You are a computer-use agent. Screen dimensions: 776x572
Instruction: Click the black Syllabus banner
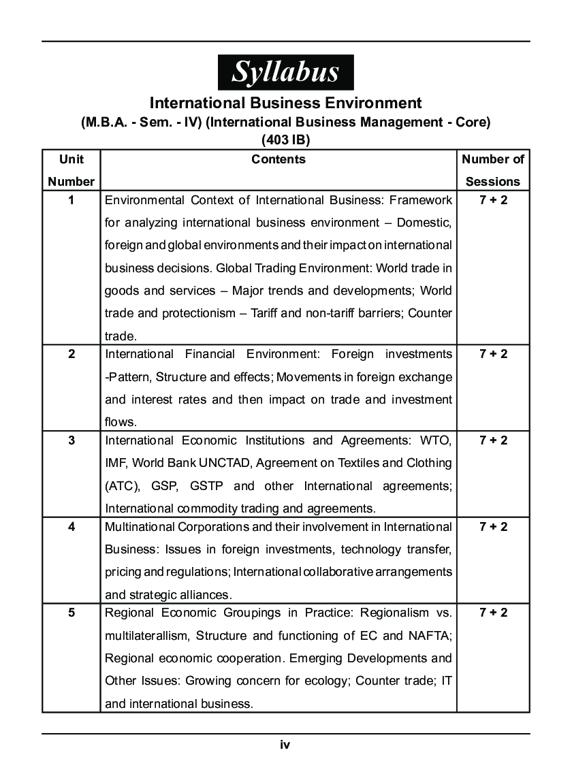285,72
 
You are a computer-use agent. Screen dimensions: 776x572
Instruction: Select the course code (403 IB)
285,140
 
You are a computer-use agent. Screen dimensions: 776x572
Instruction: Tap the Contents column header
279,159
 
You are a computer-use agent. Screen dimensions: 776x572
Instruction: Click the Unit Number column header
71,170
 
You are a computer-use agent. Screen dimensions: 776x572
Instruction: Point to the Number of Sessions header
493,170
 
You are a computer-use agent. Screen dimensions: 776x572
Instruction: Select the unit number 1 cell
71,200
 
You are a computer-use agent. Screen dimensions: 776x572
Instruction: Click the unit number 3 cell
71,440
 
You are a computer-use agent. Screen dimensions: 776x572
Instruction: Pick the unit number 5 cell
71,613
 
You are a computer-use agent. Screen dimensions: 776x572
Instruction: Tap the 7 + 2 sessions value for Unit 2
493,354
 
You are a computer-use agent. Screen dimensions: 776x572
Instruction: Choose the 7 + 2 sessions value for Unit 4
493,527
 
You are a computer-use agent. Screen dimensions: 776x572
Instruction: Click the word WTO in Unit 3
436,440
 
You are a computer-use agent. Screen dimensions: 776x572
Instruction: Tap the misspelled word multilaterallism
147,636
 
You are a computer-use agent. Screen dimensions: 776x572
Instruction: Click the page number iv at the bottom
285,745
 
